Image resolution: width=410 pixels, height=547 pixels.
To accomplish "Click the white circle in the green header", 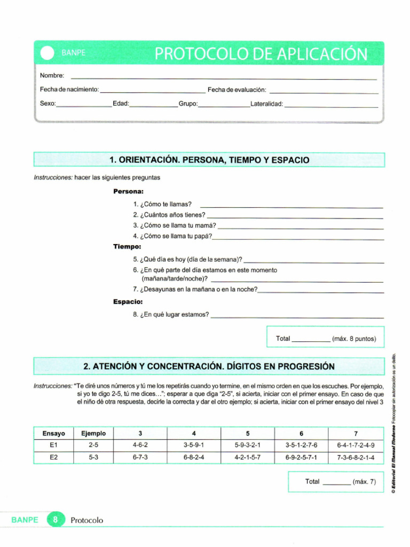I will (48, 53).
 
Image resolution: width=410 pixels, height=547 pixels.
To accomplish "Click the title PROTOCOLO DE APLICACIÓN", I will (261, 54).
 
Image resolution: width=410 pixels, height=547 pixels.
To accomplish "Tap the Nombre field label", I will (52, 76).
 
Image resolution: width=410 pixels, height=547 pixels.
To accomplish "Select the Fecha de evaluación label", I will (236, 90).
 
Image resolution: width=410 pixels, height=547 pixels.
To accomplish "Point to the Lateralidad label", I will (266, 104).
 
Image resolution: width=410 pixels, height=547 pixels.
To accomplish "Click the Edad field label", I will (121, 104).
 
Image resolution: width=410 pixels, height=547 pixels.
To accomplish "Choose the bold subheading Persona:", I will (128, 191).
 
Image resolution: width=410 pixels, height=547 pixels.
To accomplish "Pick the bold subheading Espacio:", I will (128, 302).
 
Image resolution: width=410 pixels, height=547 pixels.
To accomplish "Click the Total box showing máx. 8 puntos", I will (325, 338).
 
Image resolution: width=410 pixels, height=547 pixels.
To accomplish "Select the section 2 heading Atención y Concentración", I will (209, 366).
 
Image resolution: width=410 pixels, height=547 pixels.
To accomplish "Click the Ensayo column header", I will (53, 433).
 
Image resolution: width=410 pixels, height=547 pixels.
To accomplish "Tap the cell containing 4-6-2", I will (140, 445).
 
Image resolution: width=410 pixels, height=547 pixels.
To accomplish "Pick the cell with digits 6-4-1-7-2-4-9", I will (356, 445).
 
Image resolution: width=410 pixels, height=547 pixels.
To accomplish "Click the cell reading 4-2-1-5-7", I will (248, 458).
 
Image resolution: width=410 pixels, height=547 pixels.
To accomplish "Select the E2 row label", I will (53, 458).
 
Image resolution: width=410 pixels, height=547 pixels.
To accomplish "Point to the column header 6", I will (302, 433).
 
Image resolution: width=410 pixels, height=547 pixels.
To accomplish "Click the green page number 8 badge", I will (55, 519).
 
